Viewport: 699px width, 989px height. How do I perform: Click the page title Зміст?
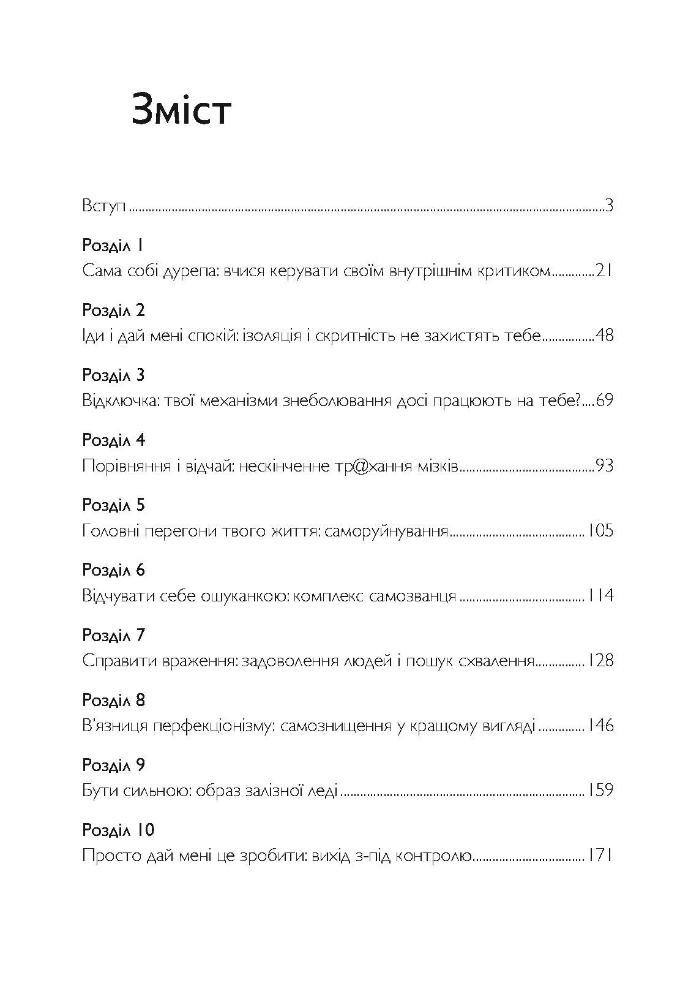pos(181,111)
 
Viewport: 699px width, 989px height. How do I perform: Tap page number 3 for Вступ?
pos(608,206)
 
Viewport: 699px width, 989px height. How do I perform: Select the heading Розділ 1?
pos(113,246)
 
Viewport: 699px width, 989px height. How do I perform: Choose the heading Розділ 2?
pos(113,311)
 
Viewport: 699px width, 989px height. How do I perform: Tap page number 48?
pos(604,336)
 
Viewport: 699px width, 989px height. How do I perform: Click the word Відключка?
pos(126,401)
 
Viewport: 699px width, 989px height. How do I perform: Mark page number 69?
pos(604,401)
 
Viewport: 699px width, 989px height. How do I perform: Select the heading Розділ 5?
pos(113,506)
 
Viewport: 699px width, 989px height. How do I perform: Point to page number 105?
pos(600,531)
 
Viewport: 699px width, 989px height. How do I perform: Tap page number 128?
pos(600,661)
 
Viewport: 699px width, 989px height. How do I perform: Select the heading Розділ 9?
pos(113,765)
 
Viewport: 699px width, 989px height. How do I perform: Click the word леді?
pos(322,791)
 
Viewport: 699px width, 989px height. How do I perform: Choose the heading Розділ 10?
pos(118,830)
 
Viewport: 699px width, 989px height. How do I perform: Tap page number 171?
pos(600,856)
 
